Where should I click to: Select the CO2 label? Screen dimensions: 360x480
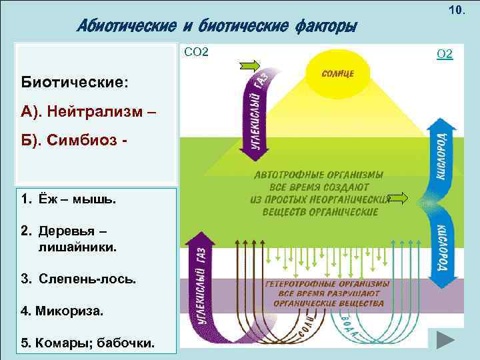pos(195,51)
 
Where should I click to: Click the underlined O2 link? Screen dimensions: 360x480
pos(445,53)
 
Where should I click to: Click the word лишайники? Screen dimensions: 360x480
pos(77,247)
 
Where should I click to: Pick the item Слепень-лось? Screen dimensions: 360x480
pos(79,279)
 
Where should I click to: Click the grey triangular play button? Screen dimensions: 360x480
pos(445,341)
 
